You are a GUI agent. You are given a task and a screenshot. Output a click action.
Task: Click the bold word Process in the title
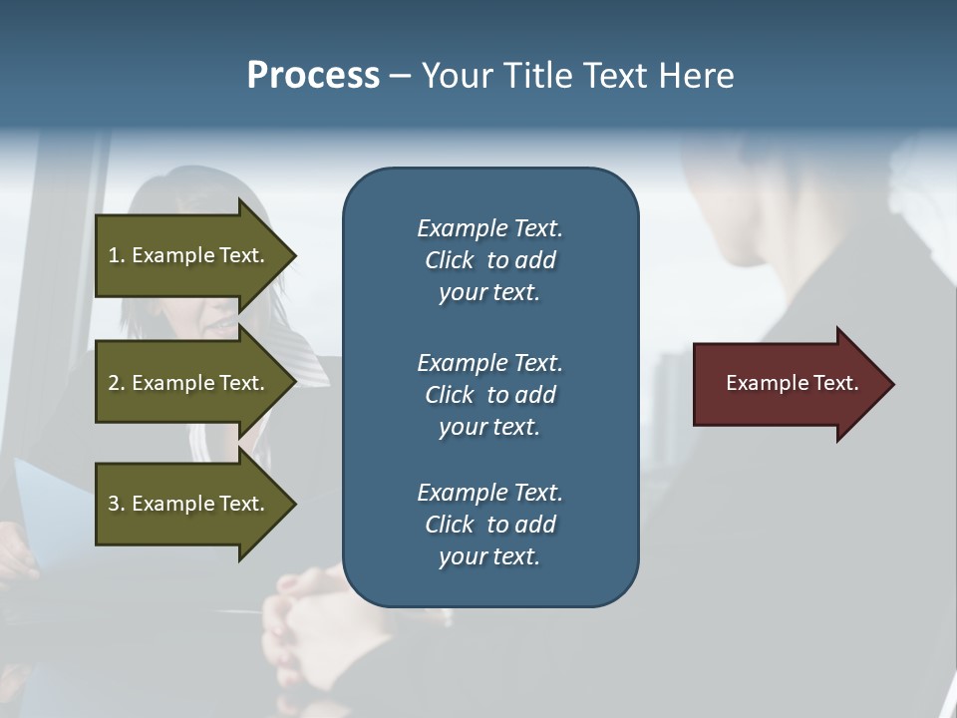(313, 76)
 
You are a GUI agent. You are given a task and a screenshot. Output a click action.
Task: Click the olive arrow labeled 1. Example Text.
(189, 255)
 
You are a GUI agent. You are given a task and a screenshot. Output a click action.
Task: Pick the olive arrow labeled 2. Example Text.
(189, 383)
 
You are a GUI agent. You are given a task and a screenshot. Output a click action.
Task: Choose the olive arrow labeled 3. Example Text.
(189, 504)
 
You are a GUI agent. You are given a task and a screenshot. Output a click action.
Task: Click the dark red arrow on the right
(788, 384)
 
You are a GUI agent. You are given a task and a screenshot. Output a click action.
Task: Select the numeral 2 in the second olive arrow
(114, 383)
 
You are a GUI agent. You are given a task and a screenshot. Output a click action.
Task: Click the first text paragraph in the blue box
(489, 260)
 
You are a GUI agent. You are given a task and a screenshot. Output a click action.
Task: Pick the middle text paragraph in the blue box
(489, 394)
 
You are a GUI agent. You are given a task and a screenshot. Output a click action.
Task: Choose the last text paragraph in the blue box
(489, 525)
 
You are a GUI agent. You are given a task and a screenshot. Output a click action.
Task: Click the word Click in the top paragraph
(450, 260)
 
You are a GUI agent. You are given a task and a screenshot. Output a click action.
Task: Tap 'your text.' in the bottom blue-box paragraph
(489, 556)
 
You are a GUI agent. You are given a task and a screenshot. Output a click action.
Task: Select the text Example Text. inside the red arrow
(793, 383)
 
